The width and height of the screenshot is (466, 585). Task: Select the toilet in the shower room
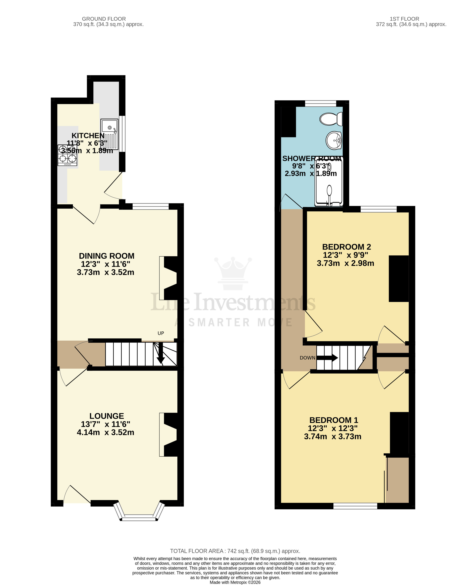pyautogui.click(x=331, y=119)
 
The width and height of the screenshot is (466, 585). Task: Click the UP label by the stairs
pyautogui.click(x=161, y=333)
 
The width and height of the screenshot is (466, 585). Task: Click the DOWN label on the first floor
pyautogui.click(x=307, y=358)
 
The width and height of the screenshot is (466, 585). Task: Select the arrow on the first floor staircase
pyautogui.click(x=328, y=358)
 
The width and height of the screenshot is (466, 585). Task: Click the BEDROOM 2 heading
pyautogui.click(x=346, y=247)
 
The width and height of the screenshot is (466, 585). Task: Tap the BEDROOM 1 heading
pyautogui.click(x=334, y=420)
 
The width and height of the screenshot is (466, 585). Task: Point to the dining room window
pyautogui.click(x=151, y=207)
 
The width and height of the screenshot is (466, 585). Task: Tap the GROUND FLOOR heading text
pyautogui.click(x=104, y=19)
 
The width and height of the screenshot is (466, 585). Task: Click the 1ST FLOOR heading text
pyautogui.click(x=404, y=19)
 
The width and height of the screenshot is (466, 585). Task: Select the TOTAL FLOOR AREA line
pyautogui.click(x=235, y=551)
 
